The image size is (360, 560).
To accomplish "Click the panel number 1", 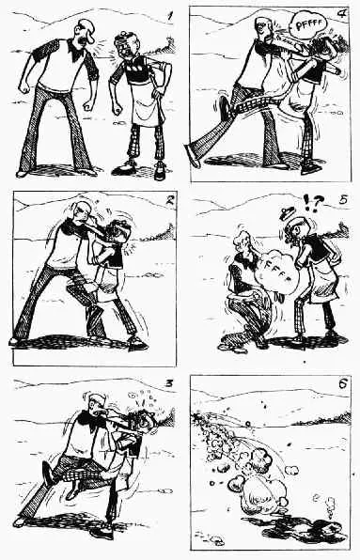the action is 170,16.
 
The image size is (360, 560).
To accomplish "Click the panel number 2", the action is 169,200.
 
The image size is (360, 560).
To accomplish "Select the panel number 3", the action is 169,384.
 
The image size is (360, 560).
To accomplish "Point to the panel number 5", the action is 343,199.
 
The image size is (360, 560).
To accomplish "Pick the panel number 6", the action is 343,384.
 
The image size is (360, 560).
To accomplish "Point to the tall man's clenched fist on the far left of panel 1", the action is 24,87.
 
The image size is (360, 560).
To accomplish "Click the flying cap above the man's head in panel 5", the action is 288,211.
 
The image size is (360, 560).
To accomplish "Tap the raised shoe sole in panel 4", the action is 225,108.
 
